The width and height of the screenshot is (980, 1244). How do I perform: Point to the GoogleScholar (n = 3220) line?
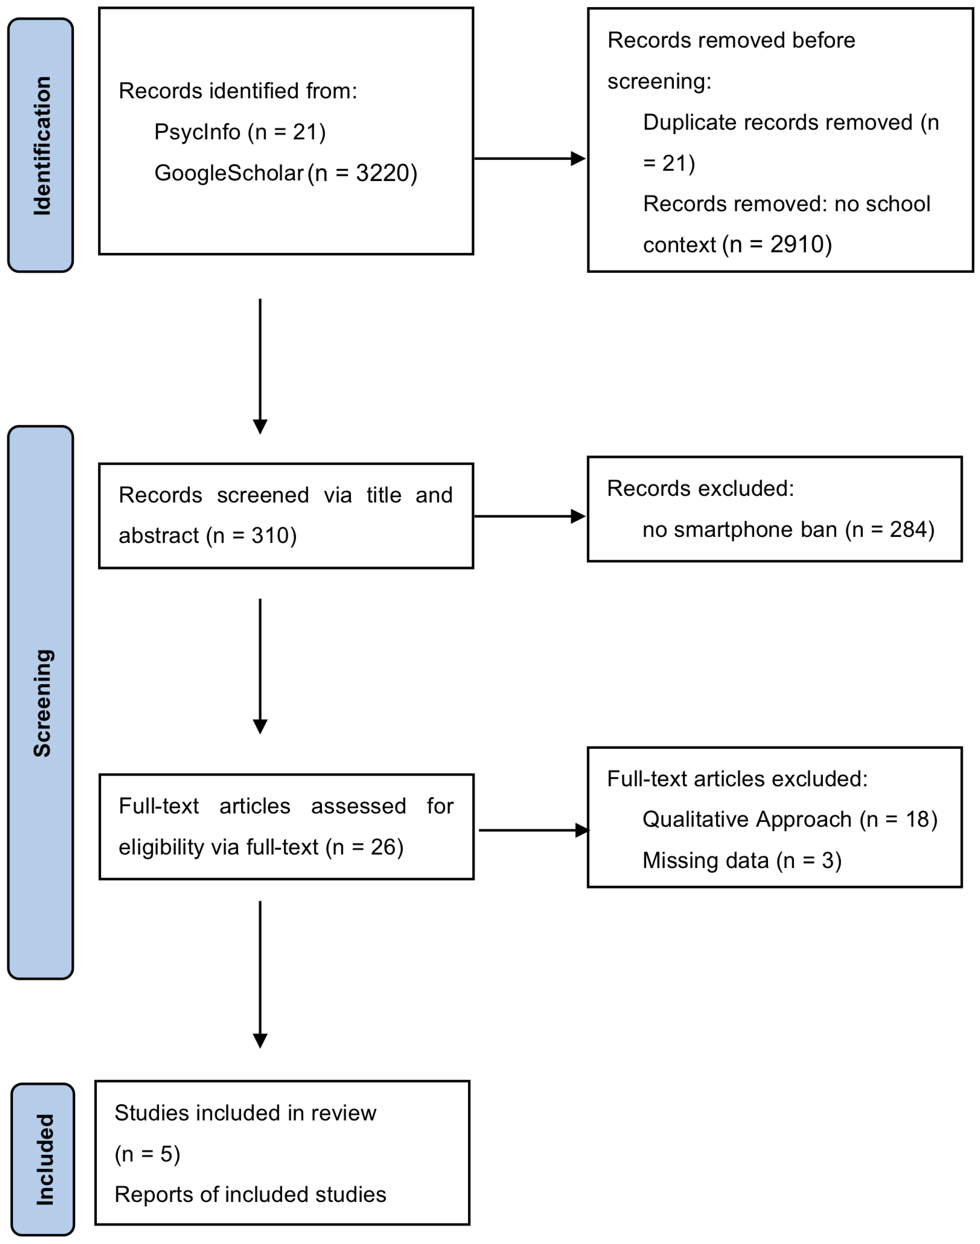coord(285,173)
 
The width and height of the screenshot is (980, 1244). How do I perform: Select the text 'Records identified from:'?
coord(237,91)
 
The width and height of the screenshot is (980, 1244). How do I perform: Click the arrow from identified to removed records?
coord(529,158)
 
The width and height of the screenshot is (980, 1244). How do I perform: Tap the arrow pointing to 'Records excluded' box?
coord(529,516)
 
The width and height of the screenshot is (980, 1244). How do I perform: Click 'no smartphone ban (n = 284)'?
coord(788,529)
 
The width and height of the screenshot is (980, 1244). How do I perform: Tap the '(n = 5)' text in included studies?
coord(147,1154)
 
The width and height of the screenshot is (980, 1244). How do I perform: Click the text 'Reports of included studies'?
coord(250,1195)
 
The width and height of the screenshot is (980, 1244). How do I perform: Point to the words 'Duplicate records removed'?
coord(778,122)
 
